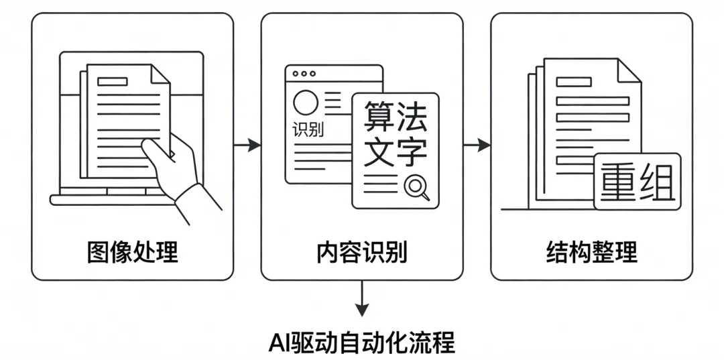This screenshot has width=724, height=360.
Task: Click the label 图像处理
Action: [133, 253]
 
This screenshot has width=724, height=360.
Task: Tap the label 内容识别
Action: [362, 253]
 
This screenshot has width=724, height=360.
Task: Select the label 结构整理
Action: [591, 253]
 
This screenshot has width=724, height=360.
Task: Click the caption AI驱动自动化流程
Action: [362, 342]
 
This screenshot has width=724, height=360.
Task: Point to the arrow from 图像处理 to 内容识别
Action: [247, 144]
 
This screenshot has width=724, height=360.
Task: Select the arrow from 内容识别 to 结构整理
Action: [477, 144]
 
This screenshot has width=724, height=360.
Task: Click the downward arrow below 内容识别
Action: [362, 299]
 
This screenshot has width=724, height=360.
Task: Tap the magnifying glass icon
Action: [417, 186]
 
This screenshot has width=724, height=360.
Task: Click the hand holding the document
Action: [176, 176]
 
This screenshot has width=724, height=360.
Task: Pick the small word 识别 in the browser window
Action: [308, 129]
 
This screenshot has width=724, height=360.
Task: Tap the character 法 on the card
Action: [412, 116]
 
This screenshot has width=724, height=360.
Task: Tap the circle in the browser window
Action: [306, 103]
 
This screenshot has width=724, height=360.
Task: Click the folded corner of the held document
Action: [160, 74]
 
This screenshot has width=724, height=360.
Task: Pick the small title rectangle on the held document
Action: [112, 81]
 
